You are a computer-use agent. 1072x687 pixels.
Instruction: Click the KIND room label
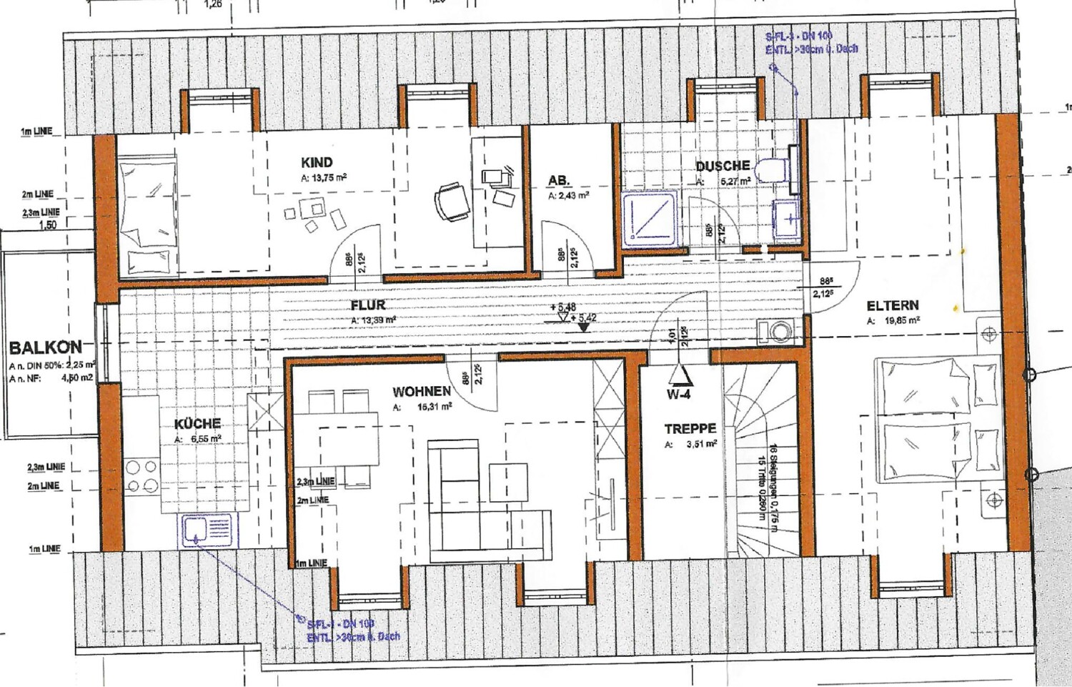(x=317, y=162)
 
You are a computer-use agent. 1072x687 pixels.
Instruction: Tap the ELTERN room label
(x=893, y=305)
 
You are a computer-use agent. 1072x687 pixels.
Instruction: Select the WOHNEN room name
(x=422, y=391)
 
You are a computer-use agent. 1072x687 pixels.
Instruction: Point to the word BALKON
(x=45, y=348)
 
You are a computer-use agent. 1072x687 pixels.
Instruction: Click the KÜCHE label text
(x=197, y=423)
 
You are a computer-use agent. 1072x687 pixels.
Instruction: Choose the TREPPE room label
(x=690, y=428)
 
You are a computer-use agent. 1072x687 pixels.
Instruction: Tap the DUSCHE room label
(x=723, y=166)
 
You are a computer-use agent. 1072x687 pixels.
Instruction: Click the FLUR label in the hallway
(x=368, y=305)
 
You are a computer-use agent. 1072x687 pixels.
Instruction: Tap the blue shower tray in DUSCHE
(x=650, y=217)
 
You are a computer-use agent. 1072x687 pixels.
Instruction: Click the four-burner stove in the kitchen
(x=142, y=476)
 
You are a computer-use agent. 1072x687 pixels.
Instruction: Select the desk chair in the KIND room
(x=453, y=201)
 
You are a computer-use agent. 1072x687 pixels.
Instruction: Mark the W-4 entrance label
(x=678, y=394)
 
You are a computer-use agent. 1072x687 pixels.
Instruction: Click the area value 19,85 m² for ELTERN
(x=901, y=321)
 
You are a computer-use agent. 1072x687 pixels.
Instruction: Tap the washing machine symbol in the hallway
(x=776, y=332)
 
